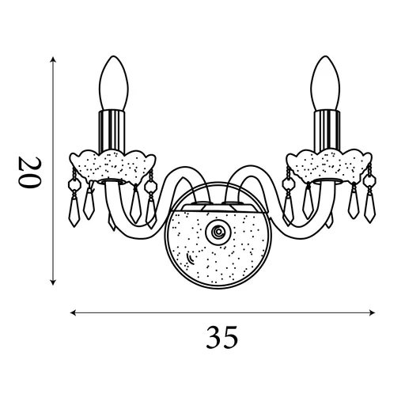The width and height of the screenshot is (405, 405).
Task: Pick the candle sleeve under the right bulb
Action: pos(325,129)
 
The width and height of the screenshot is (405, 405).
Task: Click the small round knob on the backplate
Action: pos(216,232)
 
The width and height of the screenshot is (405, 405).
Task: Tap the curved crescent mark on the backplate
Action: pos(191,260)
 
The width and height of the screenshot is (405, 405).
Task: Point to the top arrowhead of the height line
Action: pos(53,60)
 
